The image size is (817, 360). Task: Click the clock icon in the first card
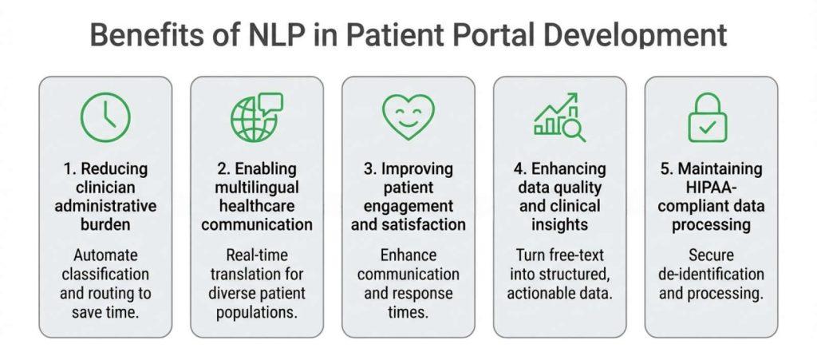coord(105,117)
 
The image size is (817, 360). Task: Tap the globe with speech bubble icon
coord(255,117)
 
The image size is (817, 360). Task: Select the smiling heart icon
coord(408,117)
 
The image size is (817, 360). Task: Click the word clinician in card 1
coord(105,188)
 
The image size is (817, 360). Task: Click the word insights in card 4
coord(558,224)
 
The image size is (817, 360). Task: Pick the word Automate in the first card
coord(105,255)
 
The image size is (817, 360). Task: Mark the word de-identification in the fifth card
coord(711,274)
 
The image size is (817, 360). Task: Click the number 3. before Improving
coord(369,169)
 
